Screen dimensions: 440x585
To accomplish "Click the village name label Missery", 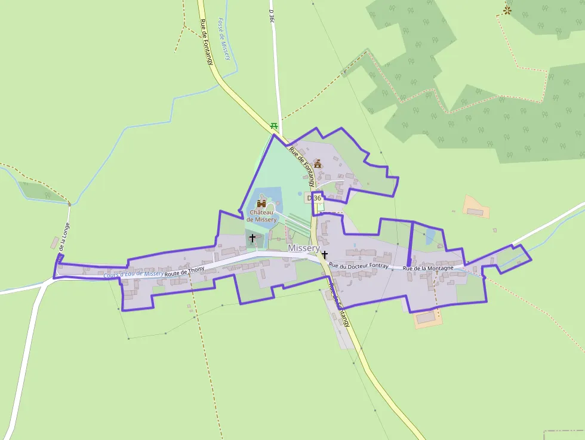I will pyautogui.click(x=304, y=248).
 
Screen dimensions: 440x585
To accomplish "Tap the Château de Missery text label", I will pyautogui.click(x=262, y=216).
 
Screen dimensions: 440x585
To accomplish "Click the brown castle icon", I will pyautogui.click(x=261, y=204).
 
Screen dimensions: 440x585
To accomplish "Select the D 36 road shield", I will pyautogui.click(x=314, y=198).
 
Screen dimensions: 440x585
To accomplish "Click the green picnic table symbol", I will pyautogui.click(x=274, y=125).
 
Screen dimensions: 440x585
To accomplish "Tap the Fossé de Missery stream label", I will pyautogui.click(x=224, y=38).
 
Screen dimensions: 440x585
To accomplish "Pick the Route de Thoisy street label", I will pyautogui.click(x=184, y=270).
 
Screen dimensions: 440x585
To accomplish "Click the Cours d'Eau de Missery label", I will pyautogui.click(x=133, y=274).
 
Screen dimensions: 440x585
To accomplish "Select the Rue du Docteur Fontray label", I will pyautogui.click(x=358, y=265).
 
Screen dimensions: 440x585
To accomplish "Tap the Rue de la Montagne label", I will pyautogui.click(x=428, y=268).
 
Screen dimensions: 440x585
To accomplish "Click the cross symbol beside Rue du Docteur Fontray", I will pyautogui.click(x=325, y=254).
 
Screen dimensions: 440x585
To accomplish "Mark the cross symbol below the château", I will pyautogui.click(x=252, y=238).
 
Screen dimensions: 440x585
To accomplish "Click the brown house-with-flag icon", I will pyautogui.click(x=318, y=164).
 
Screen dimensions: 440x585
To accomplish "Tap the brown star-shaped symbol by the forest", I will pyautogui.click(x=507, y=10).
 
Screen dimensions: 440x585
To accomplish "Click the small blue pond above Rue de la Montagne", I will pyautogui.click(x=430, y=236).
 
